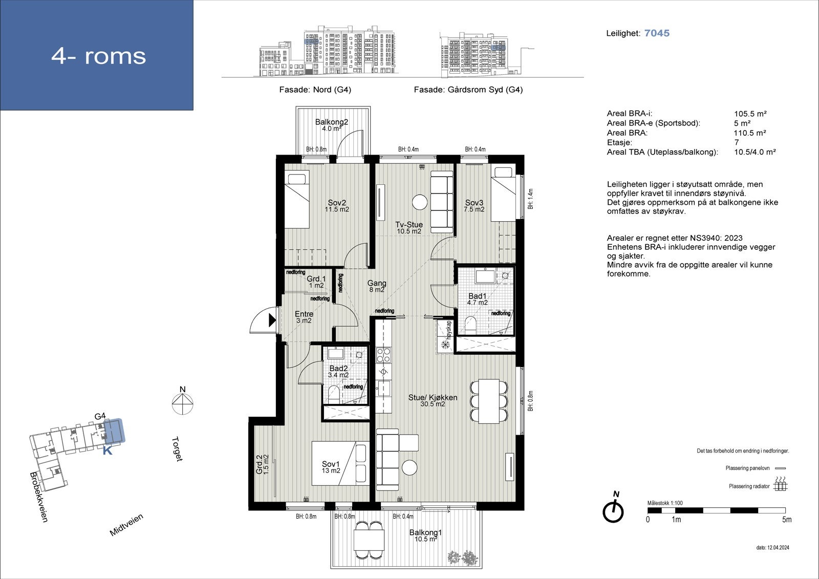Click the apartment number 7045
tap(657, 33)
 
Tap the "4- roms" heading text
tap(98, 56)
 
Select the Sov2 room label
tap(337, 203)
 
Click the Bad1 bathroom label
tap(477, 296)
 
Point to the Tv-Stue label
tap(409, 225)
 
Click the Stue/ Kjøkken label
tap(433, 398)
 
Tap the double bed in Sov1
tap(340, 463)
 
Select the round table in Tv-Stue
tap(420, 202)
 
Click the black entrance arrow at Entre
tap(272, 320)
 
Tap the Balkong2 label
tap(331, 122)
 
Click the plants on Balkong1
tap(463, 557)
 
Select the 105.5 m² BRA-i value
tap(750, 114)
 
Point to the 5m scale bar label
tap(786, 520)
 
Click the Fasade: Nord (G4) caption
tap(315, 90)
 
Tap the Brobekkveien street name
tap(39, 497)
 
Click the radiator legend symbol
tap(780, 484)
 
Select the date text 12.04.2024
tap(778, 548)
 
